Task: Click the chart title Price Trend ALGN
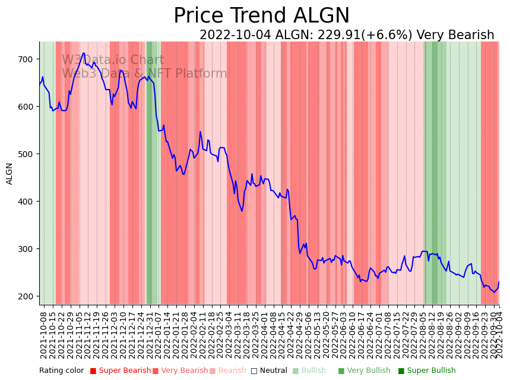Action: click(261, 16)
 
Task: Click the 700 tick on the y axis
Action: click(27, 59)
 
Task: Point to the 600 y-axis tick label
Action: click(27, 107)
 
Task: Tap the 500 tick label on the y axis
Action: click(27, 154)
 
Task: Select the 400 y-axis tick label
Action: click(27, 202)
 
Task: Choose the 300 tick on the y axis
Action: click(27, 249)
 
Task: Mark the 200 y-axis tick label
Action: click(27, 296)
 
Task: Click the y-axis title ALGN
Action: click(9, 174)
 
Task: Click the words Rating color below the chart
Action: click(62, 371)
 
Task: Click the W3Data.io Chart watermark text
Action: click(113, 60)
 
